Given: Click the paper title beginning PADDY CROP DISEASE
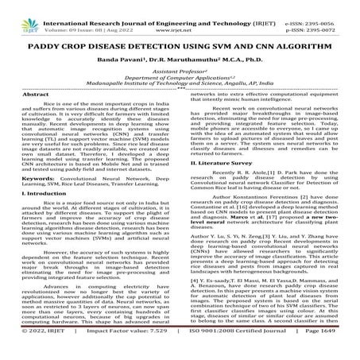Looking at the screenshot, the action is (180, 48).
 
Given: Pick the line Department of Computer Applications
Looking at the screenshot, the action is (179, 87).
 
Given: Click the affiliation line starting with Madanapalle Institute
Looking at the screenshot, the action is (179, 95).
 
